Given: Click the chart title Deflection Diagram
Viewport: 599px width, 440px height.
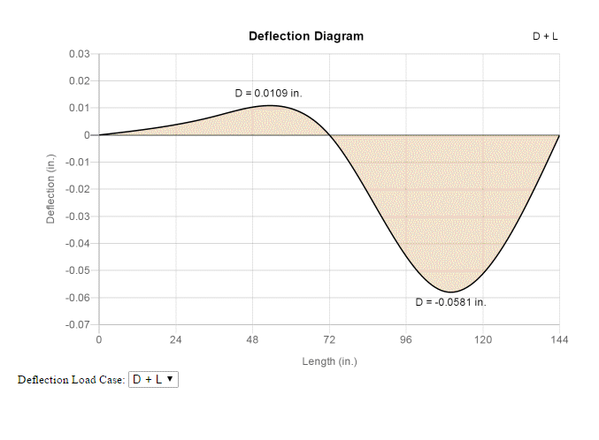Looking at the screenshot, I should click(x=305, y=36).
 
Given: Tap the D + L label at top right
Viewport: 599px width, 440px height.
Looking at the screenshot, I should click(x=545, y=37).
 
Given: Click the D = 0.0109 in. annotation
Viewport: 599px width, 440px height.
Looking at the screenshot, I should click(x=268, y=93).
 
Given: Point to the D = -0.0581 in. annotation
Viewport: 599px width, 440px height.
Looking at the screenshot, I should click(x=450, y=302).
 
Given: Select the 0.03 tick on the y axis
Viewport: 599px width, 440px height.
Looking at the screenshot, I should click(x=80, y=54).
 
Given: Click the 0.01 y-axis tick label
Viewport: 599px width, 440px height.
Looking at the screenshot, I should click(x=80, y=108).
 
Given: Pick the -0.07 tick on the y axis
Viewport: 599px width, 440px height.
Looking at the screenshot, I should click(x=78, y=325).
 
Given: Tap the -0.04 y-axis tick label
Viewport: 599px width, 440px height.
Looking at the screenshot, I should click(x=78, y=244).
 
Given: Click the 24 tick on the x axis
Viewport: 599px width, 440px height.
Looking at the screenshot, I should click(x=175, y=340).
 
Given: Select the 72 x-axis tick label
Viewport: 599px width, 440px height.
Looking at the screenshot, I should click(x=329, y=340).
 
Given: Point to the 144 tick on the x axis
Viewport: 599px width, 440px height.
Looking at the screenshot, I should click(x=559, y=340).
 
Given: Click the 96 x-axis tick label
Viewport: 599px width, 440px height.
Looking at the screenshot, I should click(x=406, y=340).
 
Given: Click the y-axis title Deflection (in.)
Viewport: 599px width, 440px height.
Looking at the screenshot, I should click(x=51, y=189).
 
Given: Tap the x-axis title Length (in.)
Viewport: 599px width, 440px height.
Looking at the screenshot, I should click(x=329, y=361).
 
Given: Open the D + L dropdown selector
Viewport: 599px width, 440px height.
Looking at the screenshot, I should click(x=153, y=379).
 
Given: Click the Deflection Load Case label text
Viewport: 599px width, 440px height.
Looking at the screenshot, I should click(x=71, y=380).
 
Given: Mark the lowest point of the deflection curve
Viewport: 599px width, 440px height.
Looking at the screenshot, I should click(x=450, y=292).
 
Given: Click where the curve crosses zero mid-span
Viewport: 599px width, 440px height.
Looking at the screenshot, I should click(x=329, y=135).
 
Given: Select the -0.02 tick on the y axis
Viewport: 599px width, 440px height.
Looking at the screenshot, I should click(x=78, y=189).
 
